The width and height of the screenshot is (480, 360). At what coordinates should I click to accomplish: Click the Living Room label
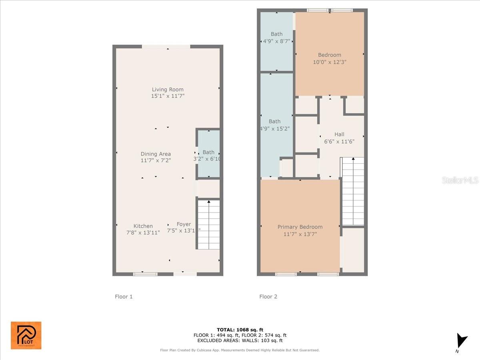168,90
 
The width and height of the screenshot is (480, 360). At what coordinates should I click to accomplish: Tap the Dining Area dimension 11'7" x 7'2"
156,160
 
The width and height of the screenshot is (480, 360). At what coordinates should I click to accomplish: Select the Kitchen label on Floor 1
143,226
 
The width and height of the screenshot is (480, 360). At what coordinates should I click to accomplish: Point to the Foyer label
184,224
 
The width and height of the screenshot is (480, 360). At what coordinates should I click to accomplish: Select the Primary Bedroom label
300,227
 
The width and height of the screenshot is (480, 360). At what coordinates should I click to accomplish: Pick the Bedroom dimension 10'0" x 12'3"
330,62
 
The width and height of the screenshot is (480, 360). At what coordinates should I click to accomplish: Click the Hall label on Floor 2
339,134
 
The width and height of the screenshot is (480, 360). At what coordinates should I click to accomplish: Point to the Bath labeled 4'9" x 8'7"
276,38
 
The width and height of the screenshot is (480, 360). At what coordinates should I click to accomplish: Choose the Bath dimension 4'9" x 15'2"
276,128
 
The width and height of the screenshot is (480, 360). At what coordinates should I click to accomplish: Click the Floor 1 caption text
124,296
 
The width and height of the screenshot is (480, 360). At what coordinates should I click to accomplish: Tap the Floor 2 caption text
268,296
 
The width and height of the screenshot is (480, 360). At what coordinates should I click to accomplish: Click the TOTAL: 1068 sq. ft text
240,330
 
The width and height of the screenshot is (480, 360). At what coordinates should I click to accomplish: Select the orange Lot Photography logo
26,335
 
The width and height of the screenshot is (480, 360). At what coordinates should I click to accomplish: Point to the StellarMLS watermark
460,180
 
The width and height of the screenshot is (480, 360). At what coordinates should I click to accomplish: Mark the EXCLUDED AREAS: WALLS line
240,341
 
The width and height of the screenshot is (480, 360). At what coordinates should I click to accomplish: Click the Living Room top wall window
166,47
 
